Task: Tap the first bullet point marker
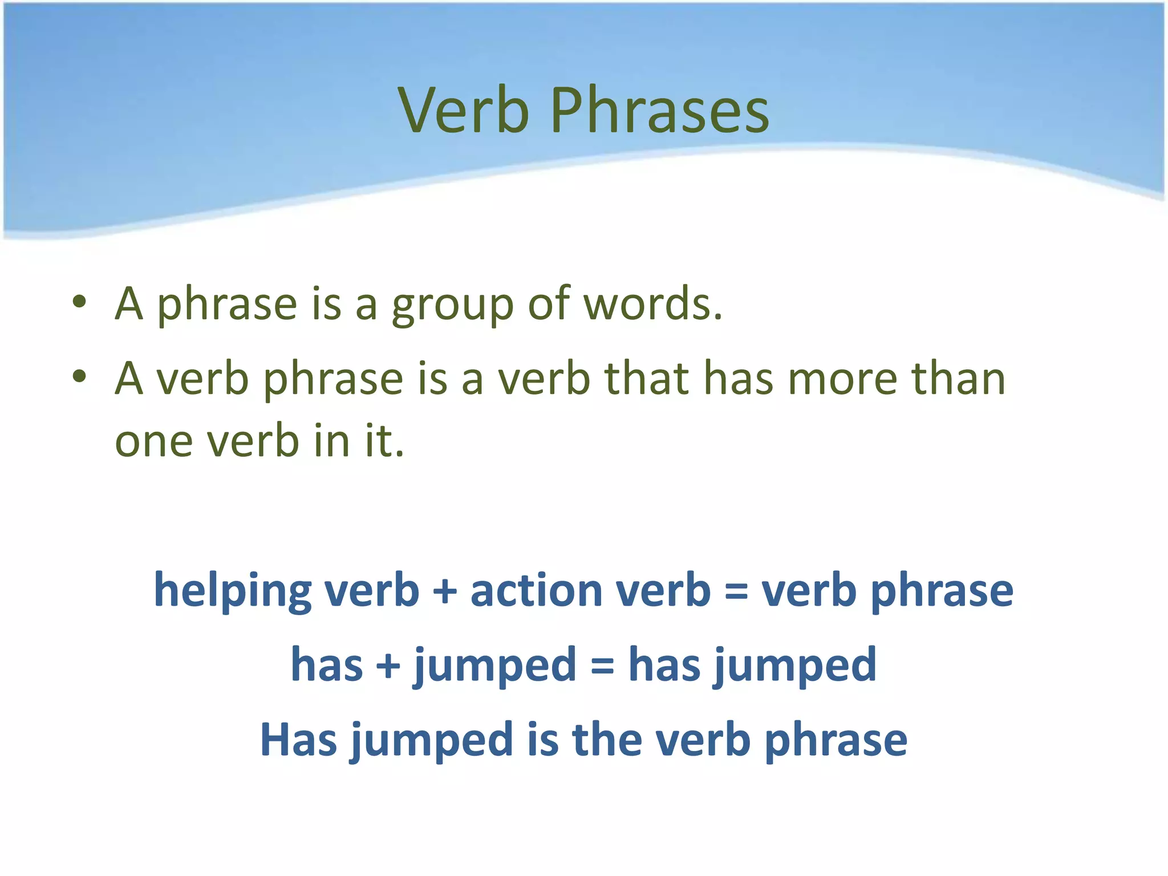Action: [x=79, y=302]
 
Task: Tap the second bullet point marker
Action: [x=79, y=376]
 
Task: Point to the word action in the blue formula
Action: [x=536, y=590]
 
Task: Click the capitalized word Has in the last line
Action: [x=298, y=740]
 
